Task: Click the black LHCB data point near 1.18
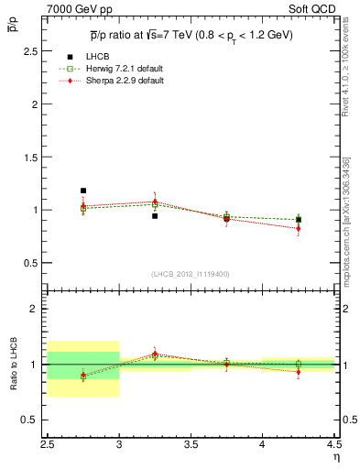tap(83, 191)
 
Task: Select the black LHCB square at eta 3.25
tap(155, 216)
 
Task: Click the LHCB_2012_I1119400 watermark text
tap(191, 274)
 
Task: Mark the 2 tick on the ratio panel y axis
tap(37, 309)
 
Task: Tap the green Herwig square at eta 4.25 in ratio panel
tap(298, 365)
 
